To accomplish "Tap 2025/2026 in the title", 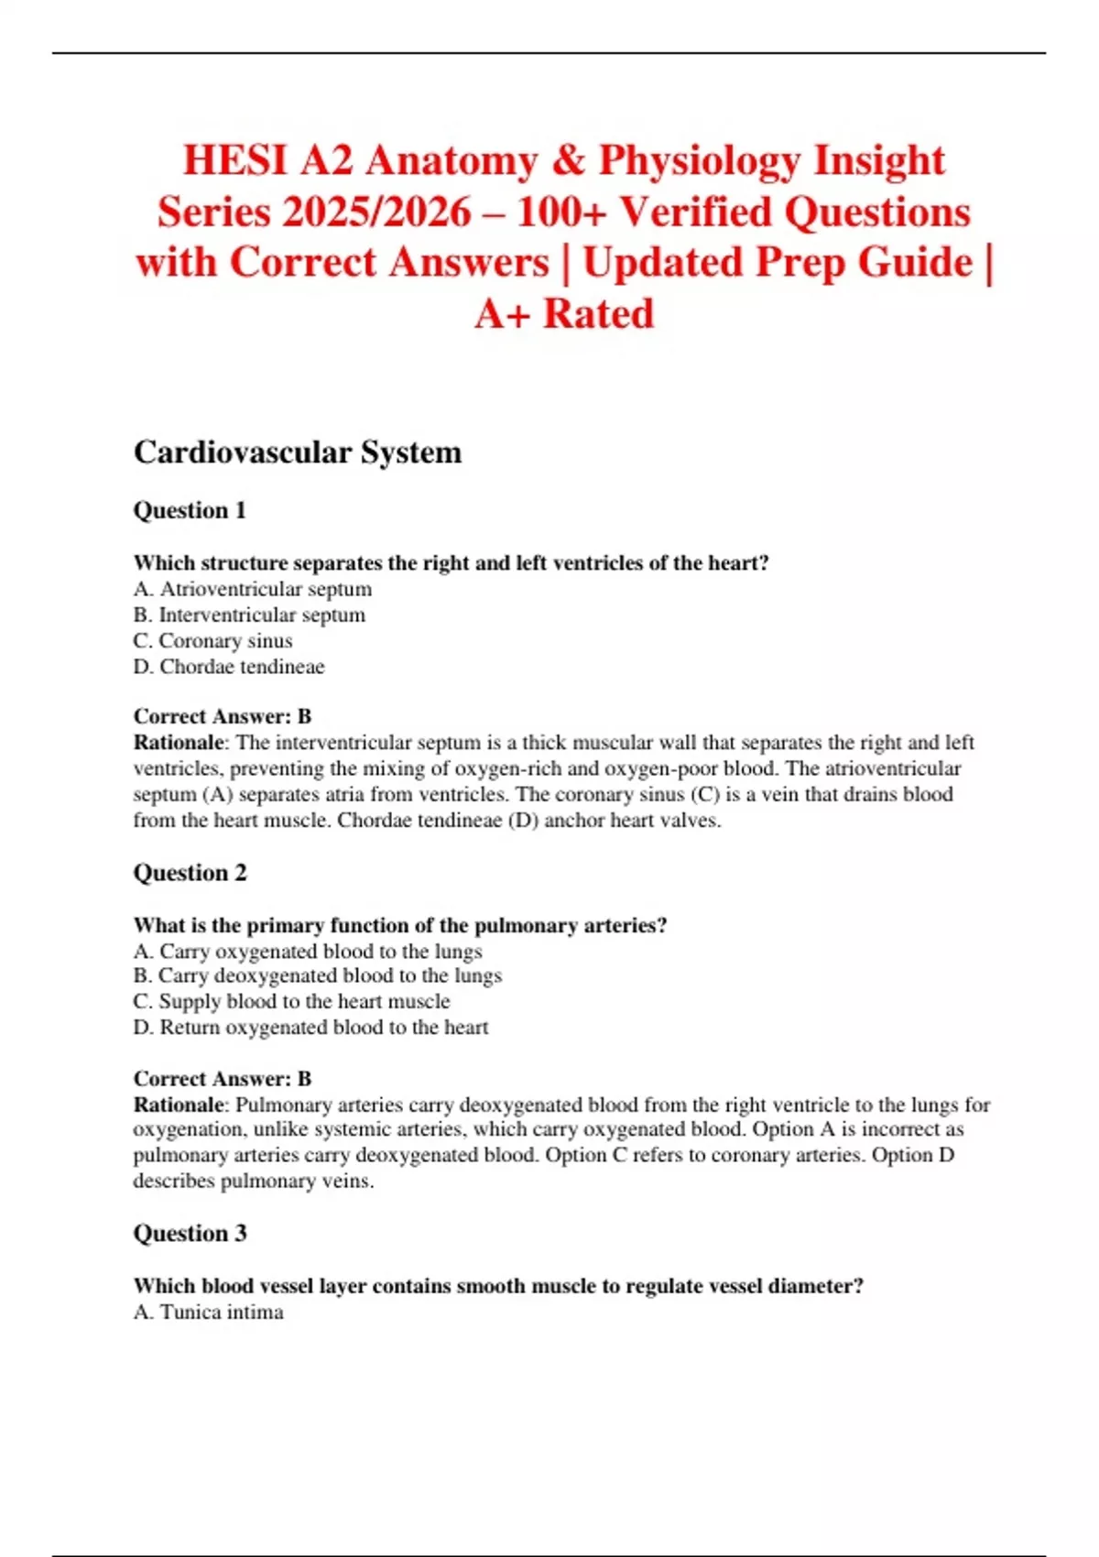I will click(376, 212).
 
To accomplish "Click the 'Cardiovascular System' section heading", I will click(298, 452).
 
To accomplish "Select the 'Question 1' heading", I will click(190, 510).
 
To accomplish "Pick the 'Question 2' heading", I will click(190, 873).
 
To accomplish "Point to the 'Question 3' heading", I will click(190, 1234).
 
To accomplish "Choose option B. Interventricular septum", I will click(249, 615).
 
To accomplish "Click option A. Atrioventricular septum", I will click(253, 589).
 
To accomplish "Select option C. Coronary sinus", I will click(212, 640).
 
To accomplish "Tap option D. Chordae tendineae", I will click(229, 667).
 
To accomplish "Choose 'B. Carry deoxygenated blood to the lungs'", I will click(317, 975).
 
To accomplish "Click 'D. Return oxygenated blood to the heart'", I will click(310, 1028).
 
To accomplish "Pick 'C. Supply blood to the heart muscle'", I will click(291, 1001).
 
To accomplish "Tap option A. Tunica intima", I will click(208, 1312).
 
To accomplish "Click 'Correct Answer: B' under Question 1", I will click(223, 716).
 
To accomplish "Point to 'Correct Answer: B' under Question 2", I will click(223, 1079).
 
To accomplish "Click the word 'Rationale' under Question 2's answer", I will click(179, 1105).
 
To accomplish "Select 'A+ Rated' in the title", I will click(564, 314).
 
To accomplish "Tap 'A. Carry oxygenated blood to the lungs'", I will click(308, 952).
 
